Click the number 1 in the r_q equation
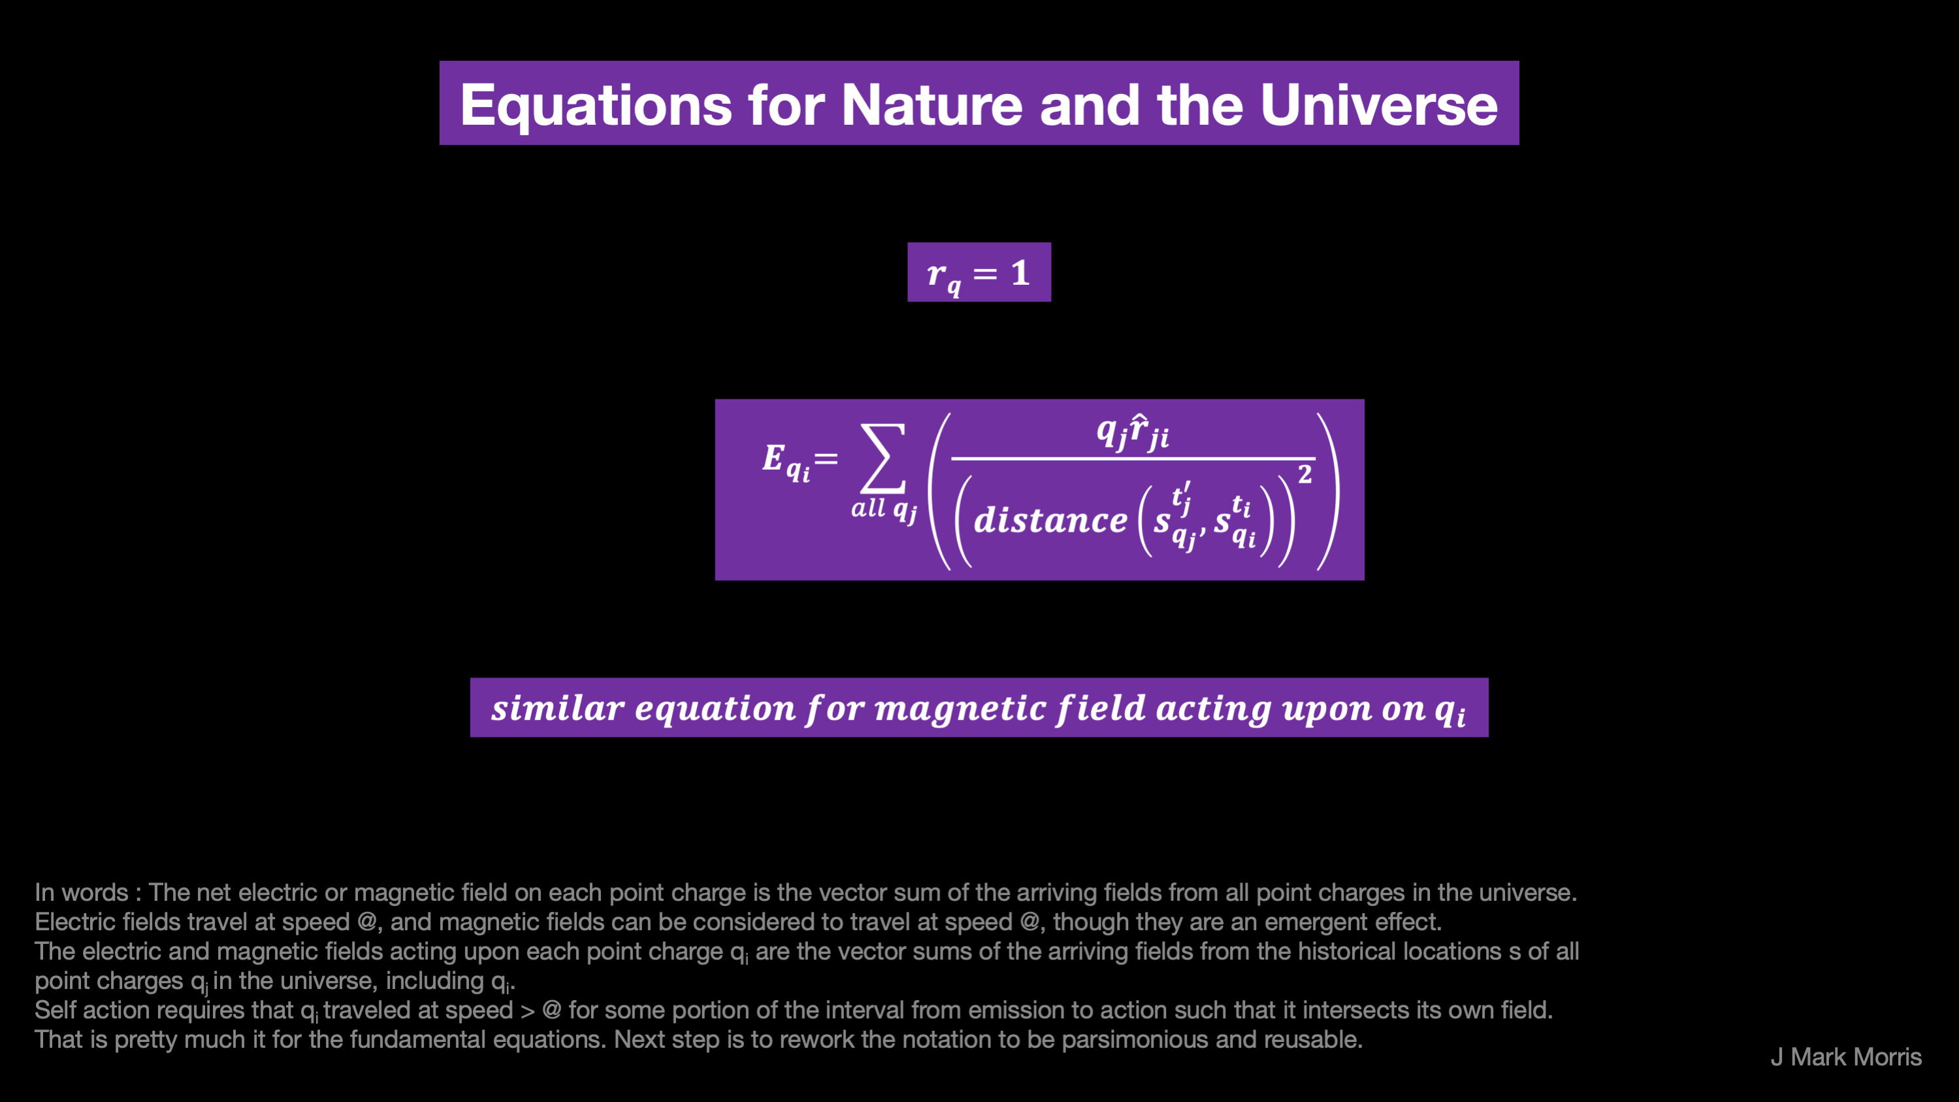pyautogui.click(x=1020, y=272)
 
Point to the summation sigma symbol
pyautogui.click(x=883, y=458)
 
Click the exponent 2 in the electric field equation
pyautogui.click(x=1305, y=474)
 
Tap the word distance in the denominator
pyautogui.click(x=1050, y=520)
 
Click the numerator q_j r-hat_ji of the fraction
pyautogui.click(x=1133, y=431)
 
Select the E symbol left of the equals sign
pyautogui.click(x=773, y=457)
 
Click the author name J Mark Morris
pyautogui.click(x=1846, y=1056)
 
